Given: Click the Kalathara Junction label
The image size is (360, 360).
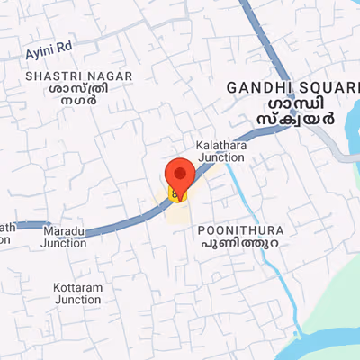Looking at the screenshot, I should click(x=220, y=150).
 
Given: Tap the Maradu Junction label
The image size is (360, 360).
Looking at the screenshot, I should click(x=64, y=237).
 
